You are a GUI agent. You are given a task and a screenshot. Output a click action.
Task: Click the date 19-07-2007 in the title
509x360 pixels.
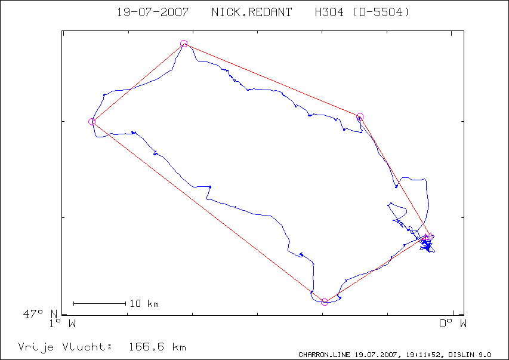click(153, 13)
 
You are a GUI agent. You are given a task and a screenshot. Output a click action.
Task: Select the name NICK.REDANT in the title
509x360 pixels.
click(252, 13)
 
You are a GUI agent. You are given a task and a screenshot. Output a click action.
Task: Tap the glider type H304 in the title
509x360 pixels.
click(329, 13)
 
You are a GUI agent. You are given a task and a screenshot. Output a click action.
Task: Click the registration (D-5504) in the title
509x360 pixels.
click(381, 13)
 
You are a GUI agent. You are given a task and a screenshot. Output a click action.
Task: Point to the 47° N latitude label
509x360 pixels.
click(41, 314)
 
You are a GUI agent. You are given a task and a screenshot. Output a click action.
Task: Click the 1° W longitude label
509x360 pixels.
click(63, 324)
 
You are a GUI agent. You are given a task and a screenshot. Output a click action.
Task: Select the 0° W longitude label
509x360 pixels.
click(453, 324)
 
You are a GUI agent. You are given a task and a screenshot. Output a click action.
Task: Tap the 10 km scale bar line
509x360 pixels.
click(100, 304)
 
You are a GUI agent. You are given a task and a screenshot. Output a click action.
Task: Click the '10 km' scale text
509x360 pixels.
click(144, 304)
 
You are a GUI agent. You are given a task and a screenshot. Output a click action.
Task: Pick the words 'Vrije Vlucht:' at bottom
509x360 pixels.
click(65, 347)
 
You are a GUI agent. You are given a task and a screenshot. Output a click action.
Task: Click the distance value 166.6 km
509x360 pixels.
click(158, 347)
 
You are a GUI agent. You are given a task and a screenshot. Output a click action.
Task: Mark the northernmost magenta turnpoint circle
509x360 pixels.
click(184, 44)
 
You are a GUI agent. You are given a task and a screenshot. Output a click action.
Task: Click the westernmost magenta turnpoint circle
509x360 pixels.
click(92, 122)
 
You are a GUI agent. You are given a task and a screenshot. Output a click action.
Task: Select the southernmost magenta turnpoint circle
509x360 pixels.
click(324, 302)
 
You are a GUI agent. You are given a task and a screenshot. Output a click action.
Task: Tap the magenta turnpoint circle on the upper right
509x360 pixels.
click(360, 116)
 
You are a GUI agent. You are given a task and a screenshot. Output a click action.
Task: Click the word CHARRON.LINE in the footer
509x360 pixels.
click(324, 355)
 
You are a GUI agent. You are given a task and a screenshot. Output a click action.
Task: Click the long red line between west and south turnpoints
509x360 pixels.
click(208, 212)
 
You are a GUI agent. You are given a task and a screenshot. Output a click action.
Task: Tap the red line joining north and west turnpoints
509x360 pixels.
click(138, 82)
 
